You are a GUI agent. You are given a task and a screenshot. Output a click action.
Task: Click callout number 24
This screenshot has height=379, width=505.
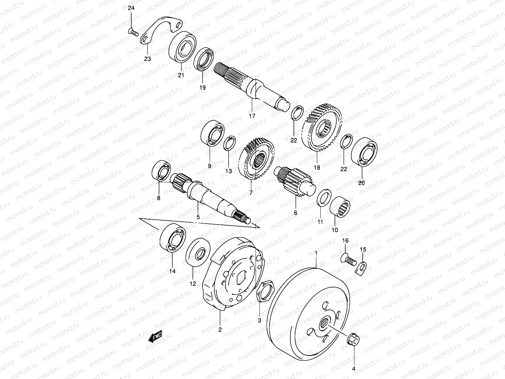131,9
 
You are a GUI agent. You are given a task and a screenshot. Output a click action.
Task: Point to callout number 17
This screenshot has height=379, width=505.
252,116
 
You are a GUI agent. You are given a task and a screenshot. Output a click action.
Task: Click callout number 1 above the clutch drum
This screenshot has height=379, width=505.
316,253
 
